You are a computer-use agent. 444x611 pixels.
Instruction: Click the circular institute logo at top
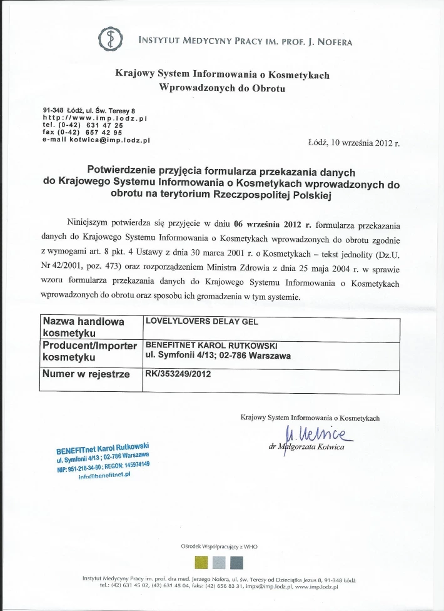tap(108, 39)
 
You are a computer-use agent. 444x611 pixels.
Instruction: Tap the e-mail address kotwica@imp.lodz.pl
tap(96, 140)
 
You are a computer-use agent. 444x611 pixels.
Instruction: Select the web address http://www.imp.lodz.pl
tap(94, 118)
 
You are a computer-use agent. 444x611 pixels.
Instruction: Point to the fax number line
tap(82, 133)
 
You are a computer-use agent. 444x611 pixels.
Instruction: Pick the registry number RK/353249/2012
tap(178, 374)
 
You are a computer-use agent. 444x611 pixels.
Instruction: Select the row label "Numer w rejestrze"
tap(86, 374)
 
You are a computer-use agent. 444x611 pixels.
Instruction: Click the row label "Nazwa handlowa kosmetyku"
tap(83, 327)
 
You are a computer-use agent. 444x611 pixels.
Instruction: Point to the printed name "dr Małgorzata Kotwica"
tap(306, 446)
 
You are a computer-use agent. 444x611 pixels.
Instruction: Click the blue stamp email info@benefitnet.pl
tap(104, 476)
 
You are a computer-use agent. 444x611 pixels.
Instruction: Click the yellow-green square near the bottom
tap(201, 561)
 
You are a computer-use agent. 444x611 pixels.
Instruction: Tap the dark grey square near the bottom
tap(236, 561)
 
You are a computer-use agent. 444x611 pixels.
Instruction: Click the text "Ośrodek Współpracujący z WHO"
tap(219, 547)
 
